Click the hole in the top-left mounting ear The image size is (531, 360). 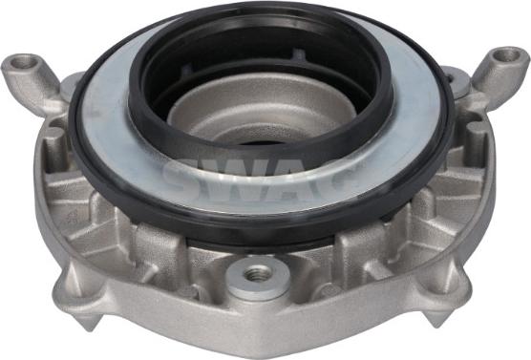[25, 62]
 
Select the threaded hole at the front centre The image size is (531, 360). [255, 272]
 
